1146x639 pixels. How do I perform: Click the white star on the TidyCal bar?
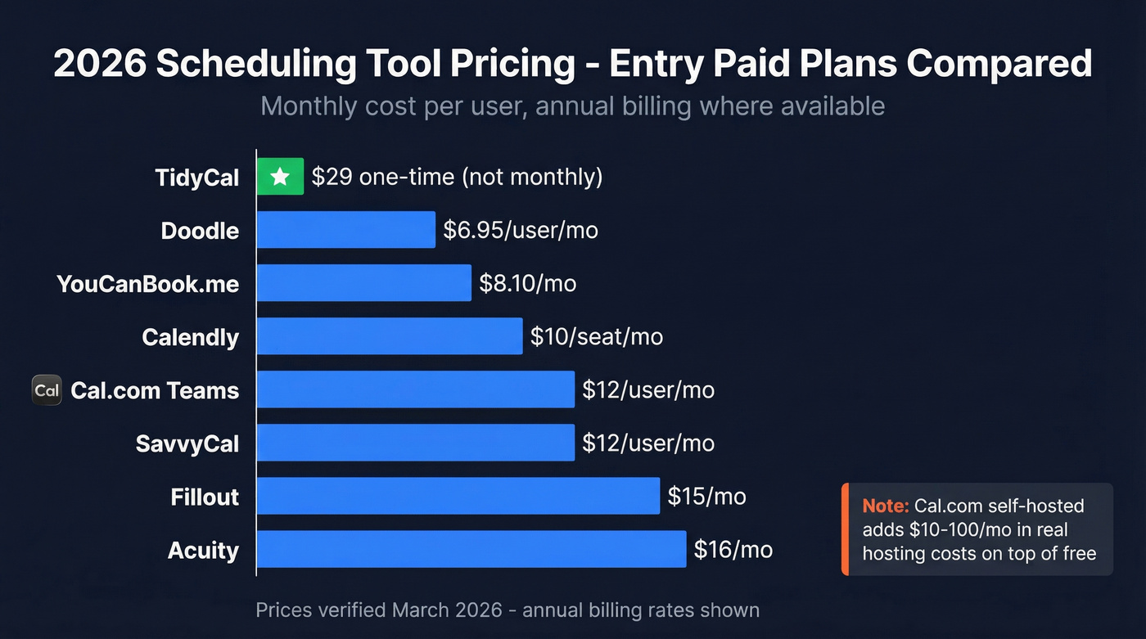pyautogui.click(x=280, y=177)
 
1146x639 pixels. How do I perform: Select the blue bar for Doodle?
pyautogui.click(x=345, y=230)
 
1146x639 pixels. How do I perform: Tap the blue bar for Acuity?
pyautogui.click(x=471, y=549)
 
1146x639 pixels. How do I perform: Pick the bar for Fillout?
pyautogui.click(x=458, y=496)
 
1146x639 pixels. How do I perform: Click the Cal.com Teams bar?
pyautogui.click(x=415, y=389)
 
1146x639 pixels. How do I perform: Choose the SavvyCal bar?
pyautogui.click(x=415, y=443)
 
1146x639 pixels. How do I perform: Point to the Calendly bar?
pyautogui.click(x=389, y=336)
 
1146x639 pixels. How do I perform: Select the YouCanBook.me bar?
pyautogui.click(x=363, y=283)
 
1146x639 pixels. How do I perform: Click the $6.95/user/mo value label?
pyautogui.click(x=521, y=230)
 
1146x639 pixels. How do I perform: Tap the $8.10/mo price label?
pyautogui.click(x=527, y=284)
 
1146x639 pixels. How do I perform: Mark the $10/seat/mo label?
pyautogui.click(x=596, y=336)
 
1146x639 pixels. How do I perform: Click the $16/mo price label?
pyautogui.click(x=733, y=550)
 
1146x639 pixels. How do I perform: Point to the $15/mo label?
pyautogui.click(x=706, y=496)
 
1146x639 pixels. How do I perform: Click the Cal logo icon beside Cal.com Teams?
pyautogui.click(x=47, y=390)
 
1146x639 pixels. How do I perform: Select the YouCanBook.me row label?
pyautogui.click(x=147, y=284)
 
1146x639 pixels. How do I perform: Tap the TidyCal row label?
pyautogui.click(x=197, y=178)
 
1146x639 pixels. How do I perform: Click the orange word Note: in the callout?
pyautogui.click(x=885, y=506)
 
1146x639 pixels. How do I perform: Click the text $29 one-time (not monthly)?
pyautogui.click(x=457, y=177)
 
